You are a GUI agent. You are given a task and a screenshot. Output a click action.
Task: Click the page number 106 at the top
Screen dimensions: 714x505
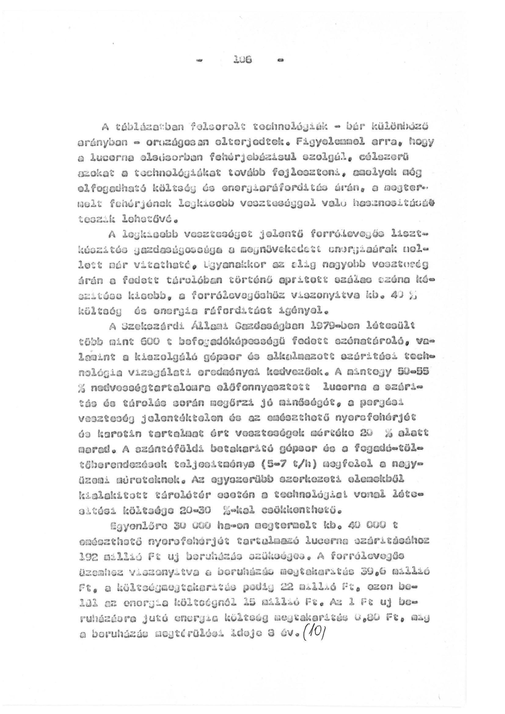tap(243, 59)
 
